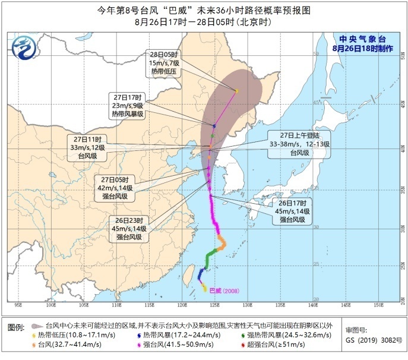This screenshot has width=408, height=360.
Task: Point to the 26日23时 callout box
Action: tap(129, 228)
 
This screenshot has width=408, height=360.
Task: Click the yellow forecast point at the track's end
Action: tap(236, 91)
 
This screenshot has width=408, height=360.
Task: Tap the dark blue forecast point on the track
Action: tap(214, 126)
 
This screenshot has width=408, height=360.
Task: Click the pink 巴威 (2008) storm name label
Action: tap(222, 291)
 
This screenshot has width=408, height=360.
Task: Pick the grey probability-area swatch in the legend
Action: tap(37, 326)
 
